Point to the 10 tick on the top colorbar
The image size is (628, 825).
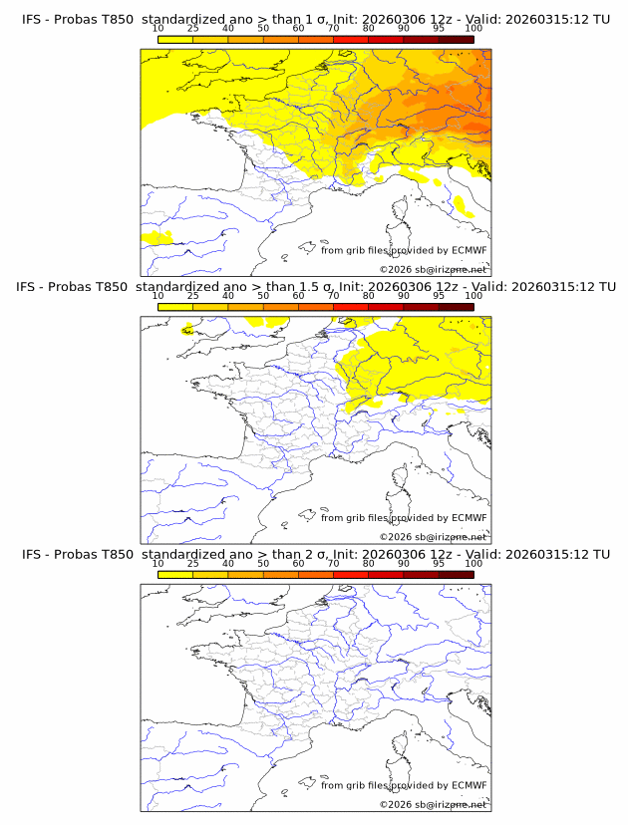tap(157, 29)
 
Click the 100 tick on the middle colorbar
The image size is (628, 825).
tap(473, 296)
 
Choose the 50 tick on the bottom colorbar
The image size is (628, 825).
tap(263, 563)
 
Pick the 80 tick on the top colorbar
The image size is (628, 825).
tap(369, 29)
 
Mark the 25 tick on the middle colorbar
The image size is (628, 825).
tap(192, 296)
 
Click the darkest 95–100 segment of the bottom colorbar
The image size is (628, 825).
tap(456, 574)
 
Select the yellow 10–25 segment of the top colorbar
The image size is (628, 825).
tap(175, 39)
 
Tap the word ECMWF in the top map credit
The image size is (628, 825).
tap(469, 251)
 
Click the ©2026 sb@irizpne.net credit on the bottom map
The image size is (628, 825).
tap(434, 804)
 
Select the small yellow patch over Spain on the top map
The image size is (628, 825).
tap(157, 237)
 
